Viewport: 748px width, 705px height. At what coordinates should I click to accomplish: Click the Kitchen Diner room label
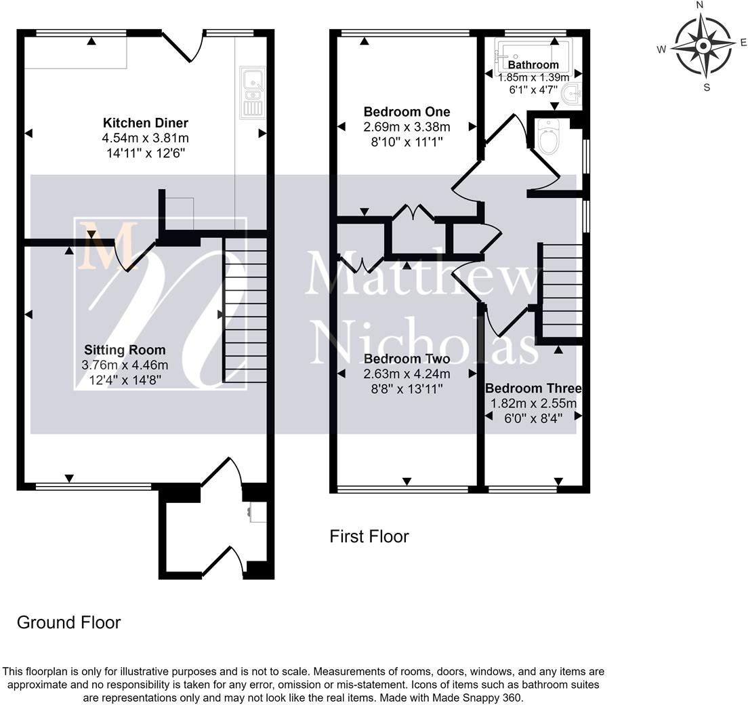click(x=146, y=123)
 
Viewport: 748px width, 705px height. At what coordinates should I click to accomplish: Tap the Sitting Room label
click(x=125, y=350)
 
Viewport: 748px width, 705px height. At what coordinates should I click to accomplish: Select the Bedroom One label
click(x=407, y=112)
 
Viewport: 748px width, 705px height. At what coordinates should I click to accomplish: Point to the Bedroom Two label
click(x=407, y=359)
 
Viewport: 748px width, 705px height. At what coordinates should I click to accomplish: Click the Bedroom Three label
click(x=533, y=388)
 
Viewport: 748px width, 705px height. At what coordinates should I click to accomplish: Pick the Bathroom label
click(x=533, y=64)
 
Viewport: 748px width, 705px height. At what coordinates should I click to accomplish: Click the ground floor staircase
click(x=245, y=310)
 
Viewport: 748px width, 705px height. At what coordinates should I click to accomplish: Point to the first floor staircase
click(x=562, y=291)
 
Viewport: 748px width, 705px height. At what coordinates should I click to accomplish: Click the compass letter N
click(x=701, y=5)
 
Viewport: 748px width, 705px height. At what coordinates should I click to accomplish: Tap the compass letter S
click(x=707, y=87)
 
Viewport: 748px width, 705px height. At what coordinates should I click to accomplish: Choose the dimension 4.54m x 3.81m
click(x=146, y=138)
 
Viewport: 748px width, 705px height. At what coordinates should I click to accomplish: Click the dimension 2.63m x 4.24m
click(x=407, y=374)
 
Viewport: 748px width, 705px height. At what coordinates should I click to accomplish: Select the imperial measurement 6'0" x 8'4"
click(x=533, y=419)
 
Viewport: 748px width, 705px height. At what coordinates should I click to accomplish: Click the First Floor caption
click(x=369, y=536)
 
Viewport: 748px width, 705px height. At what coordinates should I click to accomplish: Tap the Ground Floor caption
click(x=68, y=622)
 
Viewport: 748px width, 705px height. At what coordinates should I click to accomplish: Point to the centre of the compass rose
click(x=703, y=46)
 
